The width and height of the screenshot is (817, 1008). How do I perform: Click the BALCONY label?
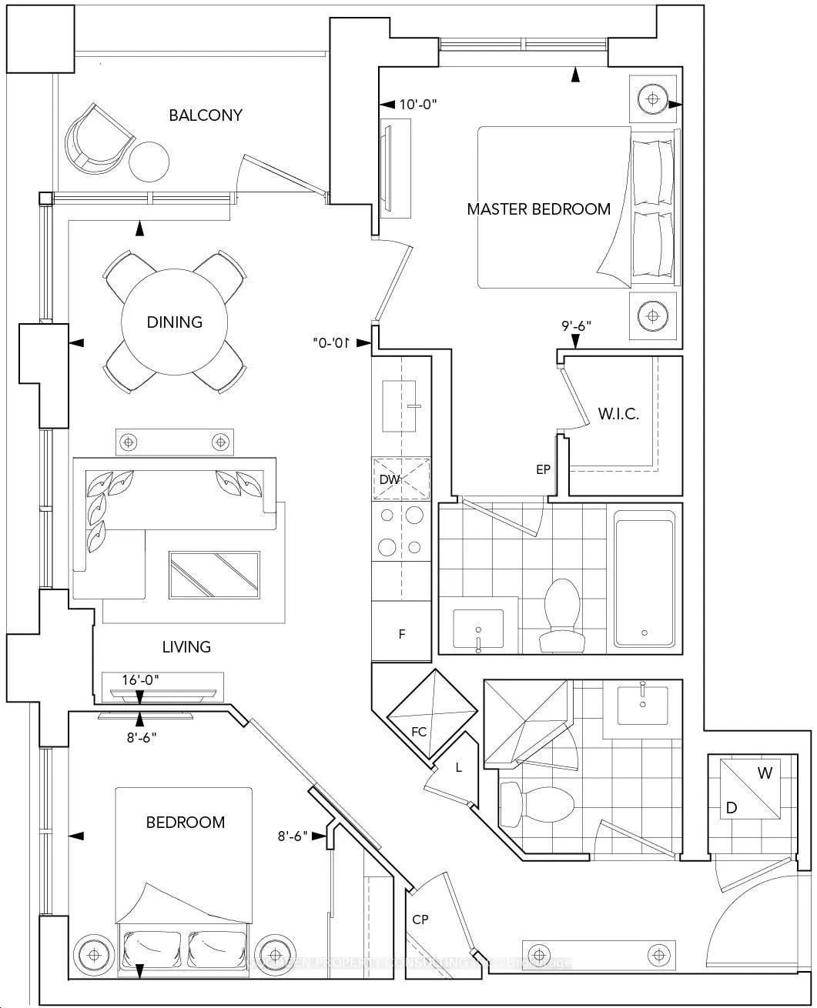coord(206,115)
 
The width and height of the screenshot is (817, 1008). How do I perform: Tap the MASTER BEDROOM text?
coord(538,209)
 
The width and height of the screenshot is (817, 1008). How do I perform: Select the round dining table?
coord(175,322)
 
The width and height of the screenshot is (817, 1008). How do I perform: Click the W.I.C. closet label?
coord(618,413)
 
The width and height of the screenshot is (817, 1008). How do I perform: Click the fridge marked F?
coord(401,634)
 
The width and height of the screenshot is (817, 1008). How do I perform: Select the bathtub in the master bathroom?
coord(644,583)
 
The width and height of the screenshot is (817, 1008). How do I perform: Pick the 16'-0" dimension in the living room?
coord(141,679)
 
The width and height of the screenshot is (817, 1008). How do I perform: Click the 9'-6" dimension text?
coord(575,325)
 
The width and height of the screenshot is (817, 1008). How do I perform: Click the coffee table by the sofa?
coord(214,574)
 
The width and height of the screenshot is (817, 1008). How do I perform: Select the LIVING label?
coord(186,647)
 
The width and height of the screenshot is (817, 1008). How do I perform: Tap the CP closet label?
coord(420,920)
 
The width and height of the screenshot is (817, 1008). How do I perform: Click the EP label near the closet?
coord(544,469)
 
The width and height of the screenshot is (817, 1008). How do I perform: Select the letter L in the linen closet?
coord(459,767)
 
